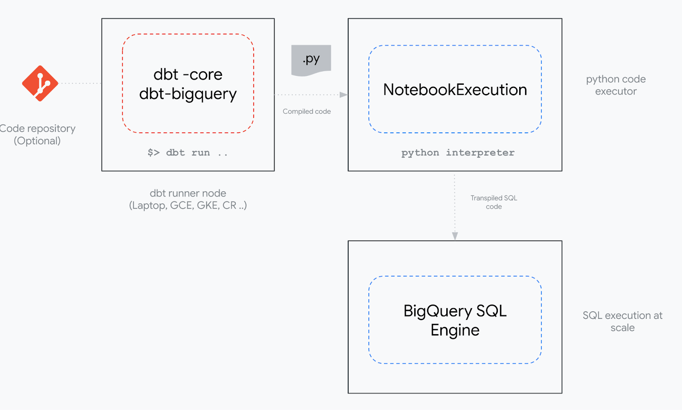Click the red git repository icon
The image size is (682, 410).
point(40,83)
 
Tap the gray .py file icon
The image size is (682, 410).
point(311,60)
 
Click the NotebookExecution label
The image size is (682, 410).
point(455,90)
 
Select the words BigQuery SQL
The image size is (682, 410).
point(455,311)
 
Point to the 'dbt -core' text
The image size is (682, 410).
point(188,75)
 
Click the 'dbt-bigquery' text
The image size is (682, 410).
point(188,94)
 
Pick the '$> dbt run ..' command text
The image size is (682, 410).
point(188,152)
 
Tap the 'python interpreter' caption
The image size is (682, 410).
point(458,152)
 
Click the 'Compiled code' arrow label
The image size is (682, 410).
point(306,112)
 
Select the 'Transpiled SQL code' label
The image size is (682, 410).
point(494,202)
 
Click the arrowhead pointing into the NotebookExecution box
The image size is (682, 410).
point(344,95)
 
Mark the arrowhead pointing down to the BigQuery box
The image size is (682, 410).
point(455,236)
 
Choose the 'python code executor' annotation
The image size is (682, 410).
point(616,85)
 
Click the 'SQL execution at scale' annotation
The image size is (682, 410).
point(622,321)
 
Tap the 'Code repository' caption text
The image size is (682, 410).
point(38,129)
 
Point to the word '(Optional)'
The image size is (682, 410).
point(37,141)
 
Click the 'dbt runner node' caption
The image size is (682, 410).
point(188,193)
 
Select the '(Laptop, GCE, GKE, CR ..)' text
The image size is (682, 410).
point(188,206)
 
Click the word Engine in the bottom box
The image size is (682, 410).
point(455,330)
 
